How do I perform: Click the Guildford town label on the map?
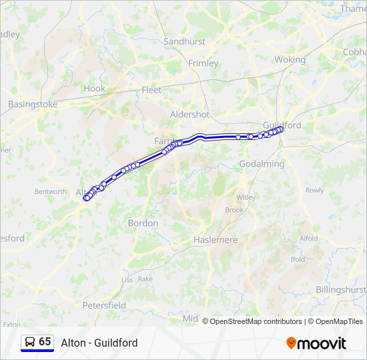click(282, 125)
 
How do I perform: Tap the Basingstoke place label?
click(33, 104)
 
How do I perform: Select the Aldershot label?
click(190, 114)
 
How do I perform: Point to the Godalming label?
click(263, 163)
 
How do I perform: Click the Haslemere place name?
click(215, 239)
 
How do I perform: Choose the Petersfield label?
click(104, 305)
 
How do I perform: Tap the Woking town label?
click(290, 59)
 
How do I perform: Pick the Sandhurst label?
click(184, 41)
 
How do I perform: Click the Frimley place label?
click(203, 63)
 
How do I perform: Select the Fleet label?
click(151, 89)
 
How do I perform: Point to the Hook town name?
click(94, 88)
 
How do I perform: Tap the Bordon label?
click(143, 223)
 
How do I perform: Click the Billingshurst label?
click(340, 289)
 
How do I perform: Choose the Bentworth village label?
click(50, 191)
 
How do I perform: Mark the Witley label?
click(246, 197)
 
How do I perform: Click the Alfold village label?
click(308, 238)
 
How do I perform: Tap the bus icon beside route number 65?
click(29, 341)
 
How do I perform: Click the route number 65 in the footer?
click(45, 341)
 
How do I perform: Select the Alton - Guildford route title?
click(99, 343)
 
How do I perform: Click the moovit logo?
click(316, 343)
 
